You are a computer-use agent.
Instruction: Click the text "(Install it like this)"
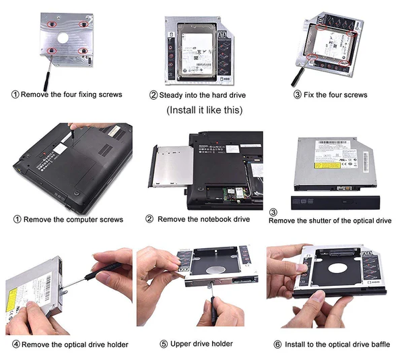pyautogui.click(x=204, y=110)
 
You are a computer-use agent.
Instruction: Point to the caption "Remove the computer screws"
pyautogui.click(x=69, y=219)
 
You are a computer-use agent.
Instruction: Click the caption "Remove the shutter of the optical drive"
pyautogui.click(x=330, y=220)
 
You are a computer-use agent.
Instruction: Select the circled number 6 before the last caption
pyautogui.click(x=277, y=344)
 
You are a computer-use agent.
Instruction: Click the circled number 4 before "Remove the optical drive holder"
pyautogui.click(x=15, y=344)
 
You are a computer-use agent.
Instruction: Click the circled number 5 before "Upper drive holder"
pyautogui.click(x=163, y=344)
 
